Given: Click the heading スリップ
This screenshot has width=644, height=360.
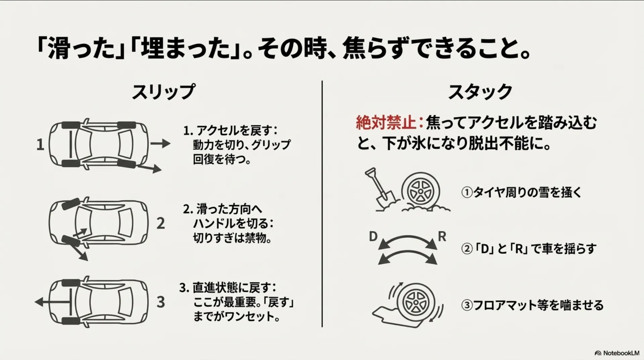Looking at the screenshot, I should (x=163, y=92).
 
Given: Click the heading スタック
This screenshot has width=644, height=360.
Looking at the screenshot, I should (x=480, y=92).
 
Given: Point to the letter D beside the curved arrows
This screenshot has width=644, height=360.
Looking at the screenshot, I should (x=373, y=237).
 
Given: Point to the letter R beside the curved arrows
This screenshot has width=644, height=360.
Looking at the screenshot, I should (x=442, y=237).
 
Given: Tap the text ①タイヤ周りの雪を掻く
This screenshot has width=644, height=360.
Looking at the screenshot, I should (x=521, y=193).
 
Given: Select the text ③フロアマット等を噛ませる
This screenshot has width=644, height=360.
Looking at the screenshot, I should (x=533, y=305).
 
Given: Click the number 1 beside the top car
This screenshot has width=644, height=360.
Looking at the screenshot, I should (x=40, y=145).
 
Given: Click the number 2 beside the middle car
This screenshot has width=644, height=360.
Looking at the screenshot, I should (x=161, y=223).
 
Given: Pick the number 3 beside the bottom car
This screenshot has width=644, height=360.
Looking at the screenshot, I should (x=161, y=302).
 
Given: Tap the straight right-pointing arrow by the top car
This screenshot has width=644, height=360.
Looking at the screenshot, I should (x=160, y=144).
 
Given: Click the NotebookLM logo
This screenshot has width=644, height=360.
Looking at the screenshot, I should (x=617, y=353).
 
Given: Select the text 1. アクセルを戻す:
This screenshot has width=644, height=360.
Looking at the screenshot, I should (x=231, y=131).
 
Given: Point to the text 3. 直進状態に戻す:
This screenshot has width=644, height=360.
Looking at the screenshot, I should (x=228, y=288).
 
